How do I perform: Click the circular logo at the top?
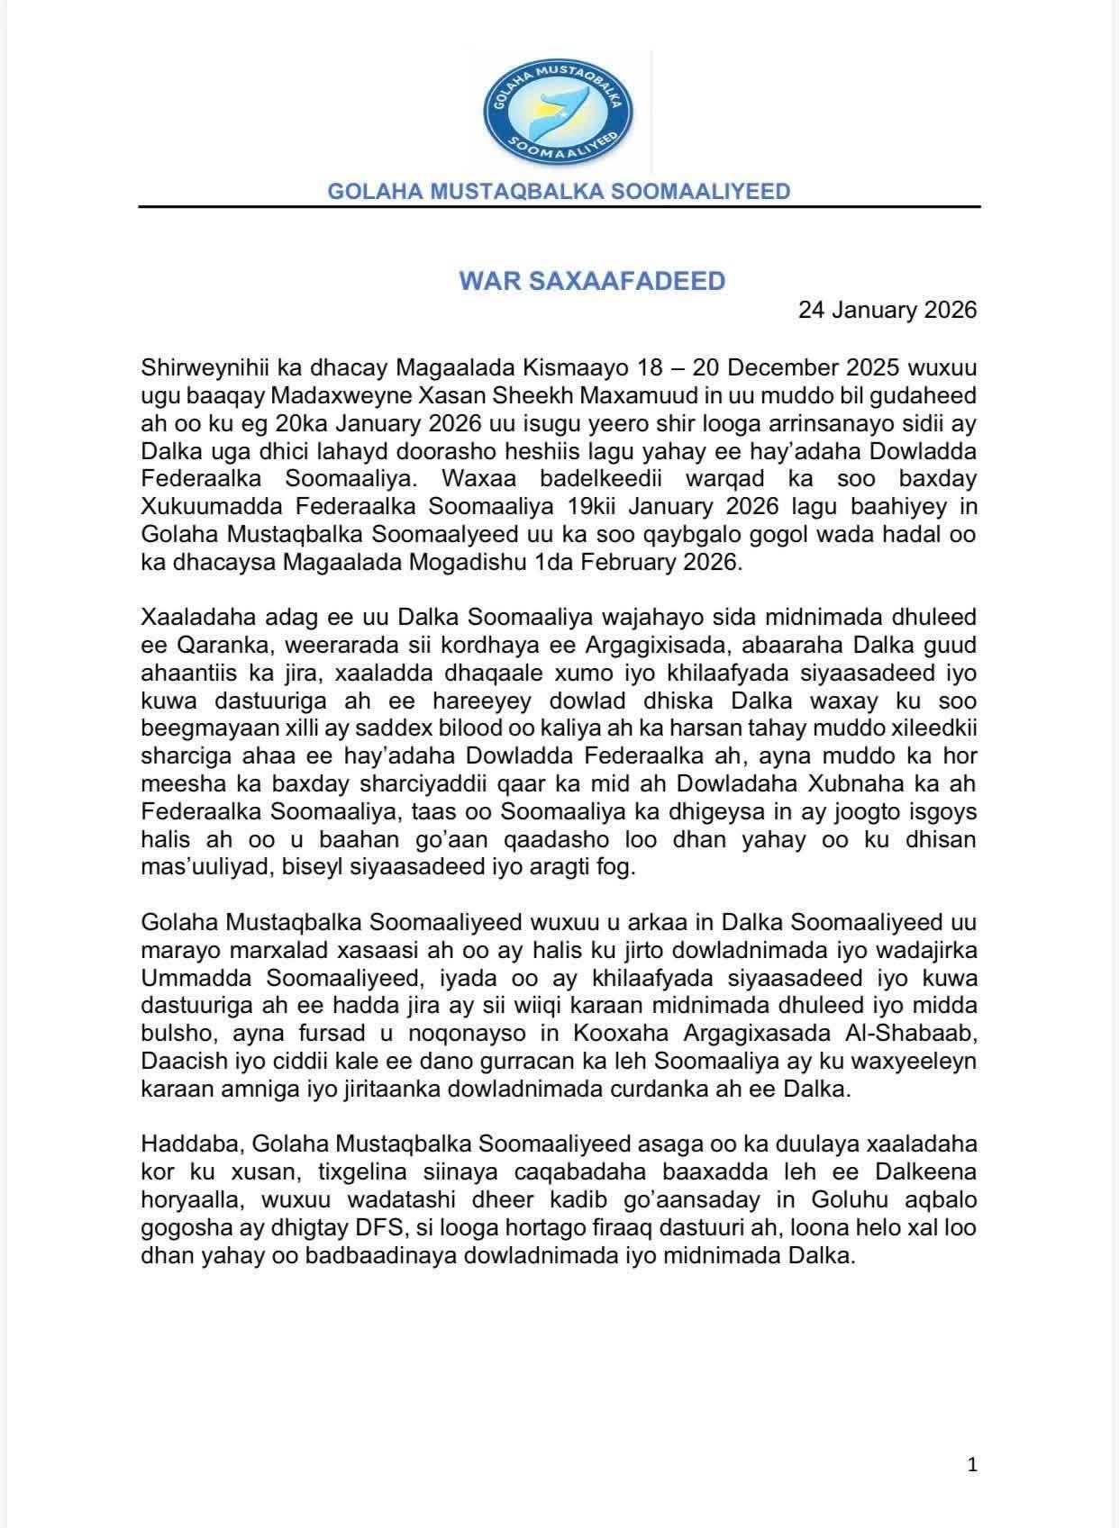click(559, 110)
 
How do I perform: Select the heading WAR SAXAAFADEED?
click(592, 281)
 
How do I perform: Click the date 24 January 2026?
click(887, 311)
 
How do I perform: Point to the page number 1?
click(971, 1465)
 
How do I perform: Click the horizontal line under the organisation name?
click(559, 208)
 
